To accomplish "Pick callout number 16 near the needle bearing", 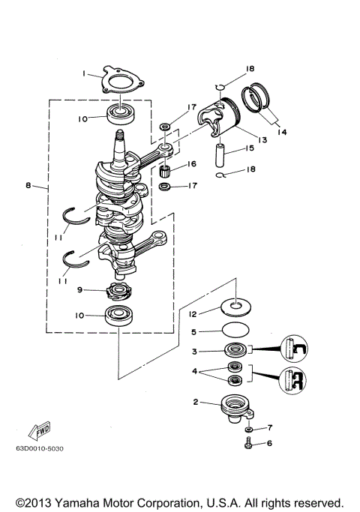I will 193,163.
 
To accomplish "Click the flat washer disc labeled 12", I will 236,305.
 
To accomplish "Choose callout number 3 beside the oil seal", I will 193,351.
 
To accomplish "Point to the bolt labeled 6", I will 247,445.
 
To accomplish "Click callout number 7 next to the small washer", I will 271,427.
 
